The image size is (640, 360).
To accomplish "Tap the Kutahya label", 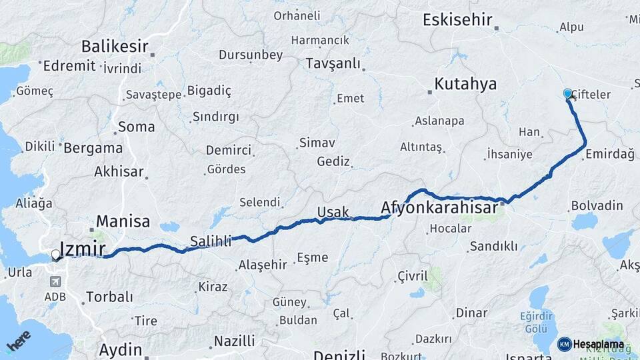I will click(x=465, y=84).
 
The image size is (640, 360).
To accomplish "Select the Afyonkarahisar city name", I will click(x=439, y=209).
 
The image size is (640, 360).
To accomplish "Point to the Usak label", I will click(x=333, y=212).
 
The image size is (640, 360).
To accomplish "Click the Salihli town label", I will click(x=211, y=241).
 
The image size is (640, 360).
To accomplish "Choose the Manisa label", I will click(x=123, y=221).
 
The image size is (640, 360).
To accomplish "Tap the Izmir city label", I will click(x=83, y=249).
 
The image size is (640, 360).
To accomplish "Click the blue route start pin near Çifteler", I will click(x=567, y=94).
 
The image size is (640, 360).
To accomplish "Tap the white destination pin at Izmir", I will click(x=55, y=254).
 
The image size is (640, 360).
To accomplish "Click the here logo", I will click(x=19, y=341).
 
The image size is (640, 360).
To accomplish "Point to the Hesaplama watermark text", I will click(x=598, y=344).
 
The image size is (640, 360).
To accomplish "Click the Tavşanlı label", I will click(x=333, y=64).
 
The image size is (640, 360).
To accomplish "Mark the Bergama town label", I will click(x=92, y=148).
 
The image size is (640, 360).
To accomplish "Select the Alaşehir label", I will click(x=262, y=265).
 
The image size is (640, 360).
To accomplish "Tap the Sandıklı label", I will click(x=493, y=246).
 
